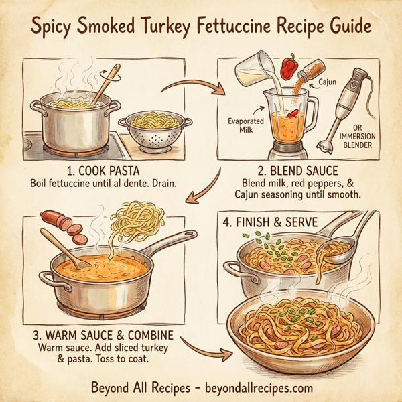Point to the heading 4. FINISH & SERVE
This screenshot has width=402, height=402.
coord(279,221)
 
